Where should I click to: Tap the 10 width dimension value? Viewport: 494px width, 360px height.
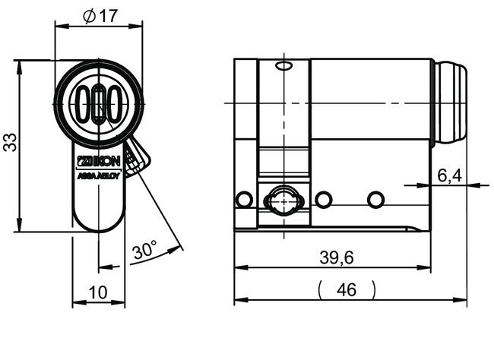point(97,292)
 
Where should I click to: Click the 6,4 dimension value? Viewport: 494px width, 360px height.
point(449,176)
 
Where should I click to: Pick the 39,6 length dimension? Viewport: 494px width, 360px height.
point(336,257)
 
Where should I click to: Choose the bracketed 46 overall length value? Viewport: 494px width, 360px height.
point(347,289)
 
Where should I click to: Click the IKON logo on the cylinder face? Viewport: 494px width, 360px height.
point(99,160)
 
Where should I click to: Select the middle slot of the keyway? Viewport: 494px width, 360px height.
point(99,105)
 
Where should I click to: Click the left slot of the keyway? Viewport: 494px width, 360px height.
point(84,105)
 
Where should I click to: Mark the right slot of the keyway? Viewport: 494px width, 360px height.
point(113,105)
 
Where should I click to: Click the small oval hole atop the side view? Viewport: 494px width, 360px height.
point(284,67)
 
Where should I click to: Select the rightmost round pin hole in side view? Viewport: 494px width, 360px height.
point(375,200)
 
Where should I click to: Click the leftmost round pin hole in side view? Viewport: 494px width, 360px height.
point(244,200)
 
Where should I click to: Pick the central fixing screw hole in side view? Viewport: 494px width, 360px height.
point(283,202)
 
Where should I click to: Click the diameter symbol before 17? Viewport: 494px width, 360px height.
point(90,16)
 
